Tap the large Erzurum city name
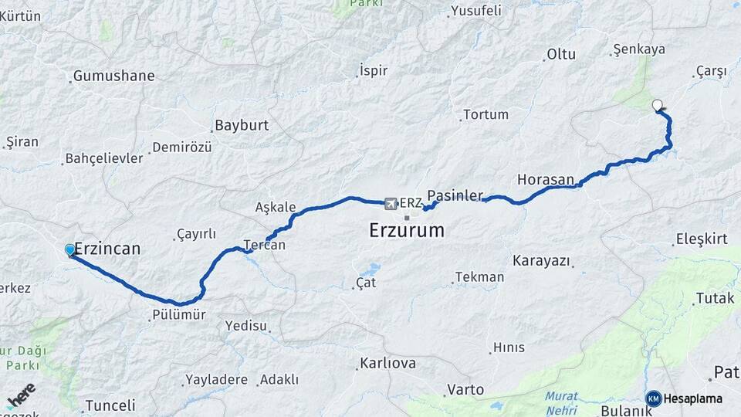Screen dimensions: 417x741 tap(407, 230)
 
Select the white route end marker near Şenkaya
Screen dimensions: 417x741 tap(658, 106)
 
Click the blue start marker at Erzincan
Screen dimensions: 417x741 tap(70, 250)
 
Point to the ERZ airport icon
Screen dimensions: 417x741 tap(390, 203)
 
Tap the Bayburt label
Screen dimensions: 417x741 tap(242, 125)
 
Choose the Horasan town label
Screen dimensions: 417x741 tap(546, 179)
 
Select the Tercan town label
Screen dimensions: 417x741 tap(265, 246)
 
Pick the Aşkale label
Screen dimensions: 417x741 tap(276, 207)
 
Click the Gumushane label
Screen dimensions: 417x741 tap(113, 76)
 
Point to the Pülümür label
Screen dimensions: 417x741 tap(180, 314)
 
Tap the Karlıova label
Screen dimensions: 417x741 tap(388, 363)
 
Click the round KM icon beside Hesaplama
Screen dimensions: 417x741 tap(654, 398)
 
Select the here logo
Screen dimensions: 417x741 tap(21, 395)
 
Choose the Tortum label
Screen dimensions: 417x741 tap(486, 114)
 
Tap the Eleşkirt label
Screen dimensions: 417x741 tap(702, 239)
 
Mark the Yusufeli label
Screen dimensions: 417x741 tap(475, 11)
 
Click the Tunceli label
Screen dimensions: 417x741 tap(110, 405)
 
